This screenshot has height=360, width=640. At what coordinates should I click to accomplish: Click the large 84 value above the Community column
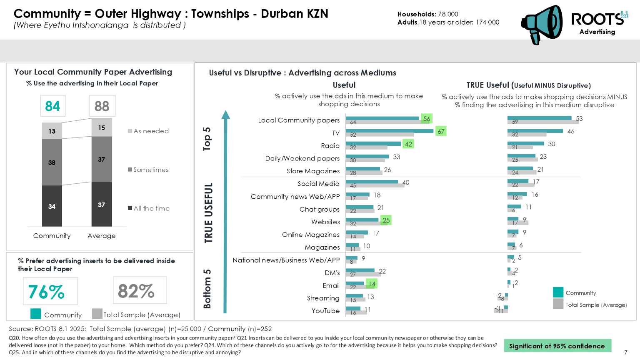click(52, 106)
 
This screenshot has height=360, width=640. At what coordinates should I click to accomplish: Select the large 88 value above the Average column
click(102, 106)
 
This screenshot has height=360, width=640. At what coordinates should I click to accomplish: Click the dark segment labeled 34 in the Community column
click(52, 206)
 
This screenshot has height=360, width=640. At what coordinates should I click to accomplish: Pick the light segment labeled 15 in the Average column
click(102, 128)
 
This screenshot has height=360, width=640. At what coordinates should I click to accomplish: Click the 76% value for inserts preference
click(47, 291)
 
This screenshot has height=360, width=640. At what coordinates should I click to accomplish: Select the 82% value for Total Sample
click(137, 290)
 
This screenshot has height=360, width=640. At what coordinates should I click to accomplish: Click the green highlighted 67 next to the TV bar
click(441, 131)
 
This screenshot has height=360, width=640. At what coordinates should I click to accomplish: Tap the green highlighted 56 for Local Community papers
click(427, 119)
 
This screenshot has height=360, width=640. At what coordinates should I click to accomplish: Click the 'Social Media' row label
click(318, 184)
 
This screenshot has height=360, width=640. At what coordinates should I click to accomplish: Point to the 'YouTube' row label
click(325, 311)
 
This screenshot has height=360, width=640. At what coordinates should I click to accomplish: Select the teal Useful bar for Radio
click(373, 143)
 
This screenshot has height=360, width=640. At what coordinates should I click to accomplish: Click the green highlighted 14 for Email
click(372, 284)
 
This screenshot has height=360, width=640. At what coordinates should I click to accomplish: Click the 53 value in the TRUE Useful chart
click(579, 119)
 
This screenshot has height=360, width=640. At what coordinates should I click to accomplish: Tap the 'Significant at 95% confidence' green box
click(557, 346)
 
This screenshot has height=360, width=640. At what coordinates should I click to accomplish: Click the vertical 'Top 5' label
click(207, 138)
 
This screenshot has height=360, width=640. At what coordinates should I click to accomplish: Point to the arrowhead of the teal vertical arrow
click(225, 115)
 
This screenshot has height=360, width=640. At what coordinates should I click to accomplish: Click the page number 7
click(625, 352)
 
